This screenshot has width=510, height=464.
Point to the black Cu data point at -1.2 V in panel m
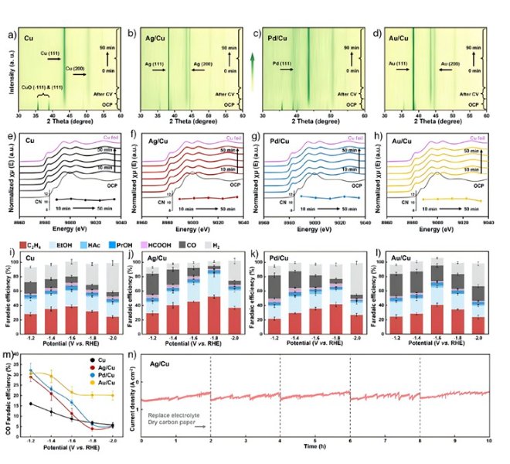(x=30, y=404)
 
